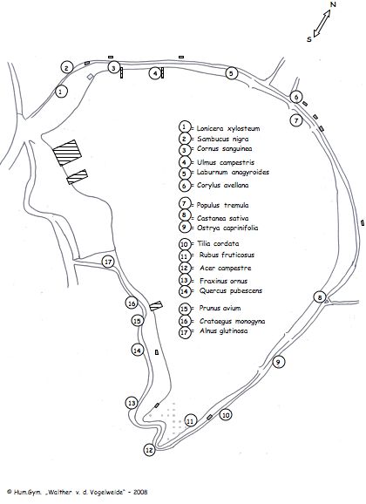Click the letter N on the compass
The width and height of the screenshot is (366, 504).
333,4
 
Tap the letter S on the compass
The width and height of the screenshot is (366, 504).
309,39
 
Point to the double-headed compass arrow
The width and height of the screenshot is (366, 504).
322,23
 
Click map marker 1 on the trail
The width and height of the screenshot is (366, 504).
61,92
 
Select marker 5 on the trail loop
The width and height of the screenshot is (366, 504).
231,73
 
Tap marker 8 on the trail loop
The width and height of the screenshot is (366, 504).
320,297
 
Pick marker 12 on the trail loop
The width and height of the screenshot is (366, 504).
149,450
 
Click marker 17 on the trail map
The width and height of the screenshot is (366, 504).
108,262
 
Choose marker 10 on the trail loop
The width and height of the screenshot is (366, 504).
226,415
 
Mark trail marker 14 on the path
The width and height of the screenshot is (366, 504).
138,350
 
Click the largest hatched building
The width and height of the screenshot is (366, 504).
67,153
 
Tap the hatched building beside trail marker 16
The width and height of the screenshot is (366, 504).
156,306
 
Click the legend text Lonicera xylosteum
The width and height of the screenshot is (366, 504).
228,128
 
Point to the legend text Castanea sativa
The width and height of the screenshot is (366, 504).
223,218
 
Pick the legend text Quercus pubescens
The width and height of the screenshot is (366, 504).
231,291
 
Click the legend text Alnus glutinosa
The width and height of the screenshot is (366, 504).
224,330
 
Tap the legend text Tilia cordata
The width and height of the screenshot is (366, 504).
218,243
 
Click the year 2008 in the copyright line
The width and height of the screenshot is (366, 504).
141,492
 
